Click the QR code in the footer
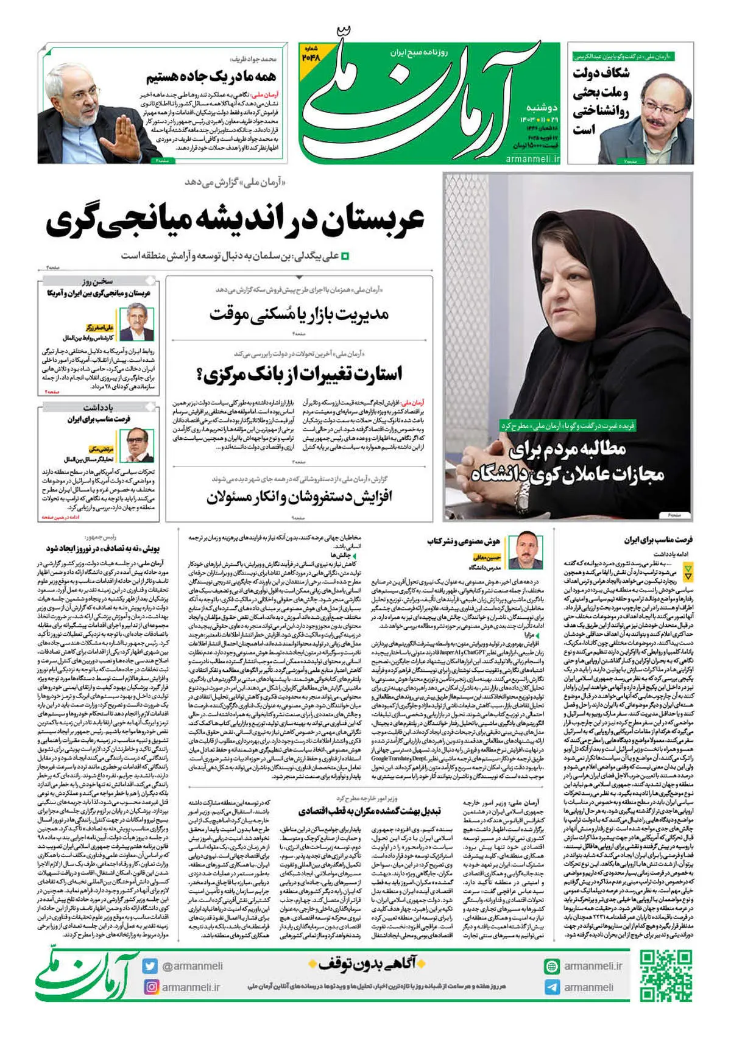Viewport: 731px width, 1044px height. [666, 975]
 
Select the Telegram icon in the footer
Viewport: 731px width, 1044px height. [552, 987]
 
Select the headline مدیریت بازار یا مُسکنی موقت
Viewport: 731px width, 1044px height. [299, 314]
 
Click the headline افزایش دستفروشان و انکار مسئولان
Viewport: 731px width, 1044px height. [299, 496]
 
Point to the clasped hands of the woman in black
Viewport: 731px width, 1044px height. [487, 451]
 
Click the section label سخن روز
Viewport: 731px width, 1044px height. [97, 281]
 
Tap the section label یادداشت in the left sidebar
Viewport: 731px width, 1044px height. [97, 407]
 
